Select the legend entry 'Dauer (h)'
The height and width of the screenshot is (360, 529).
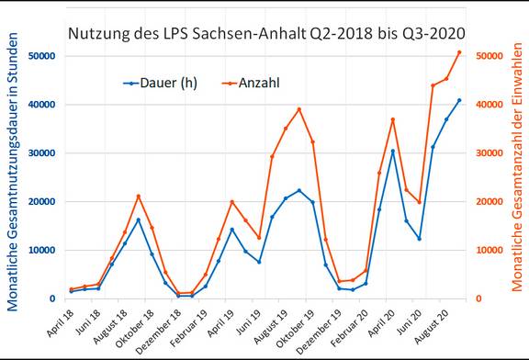(165, 83)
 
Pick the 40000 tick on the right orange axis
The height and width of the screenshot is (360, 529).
(492, 105)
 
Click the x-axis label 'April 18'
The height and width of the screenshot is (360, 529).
(57, 324)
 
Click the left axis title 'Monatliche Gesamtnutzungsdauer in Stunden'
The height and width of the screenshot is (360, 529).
(13, 174)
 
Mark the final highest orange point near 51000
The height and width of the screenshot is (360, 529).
(459, 52)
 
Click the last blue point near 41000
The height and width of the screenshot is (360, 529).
(459, 100)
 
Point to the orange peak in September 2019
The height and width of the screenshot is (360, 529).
(299, 109)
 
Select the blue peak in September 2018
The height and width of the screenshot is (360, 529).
(139, 219)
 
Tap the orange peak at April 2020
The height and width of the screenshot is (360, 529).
(393, 119)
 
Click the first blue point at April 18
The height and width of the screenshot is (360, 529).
(71, 292)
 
